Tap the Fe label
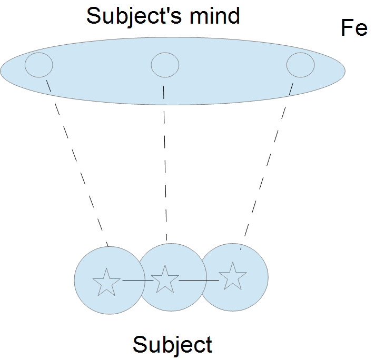tap(354, 28)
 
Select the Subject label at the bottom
tap(172, 345)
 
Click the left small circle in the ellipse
tap(39, 65)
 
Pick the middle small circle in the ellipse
tap(165, 65)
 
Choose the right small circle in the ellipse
tap(300, 65)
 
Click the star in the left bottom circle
tap(106, 282)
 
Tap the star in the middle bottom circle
tap(165, 279)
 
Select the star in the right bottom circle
tap(232, 276)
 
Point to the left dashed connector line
tap(79, 163)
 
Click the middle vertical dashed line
tap(165, 163)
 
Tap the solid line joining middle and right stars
tap(199, 280)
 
